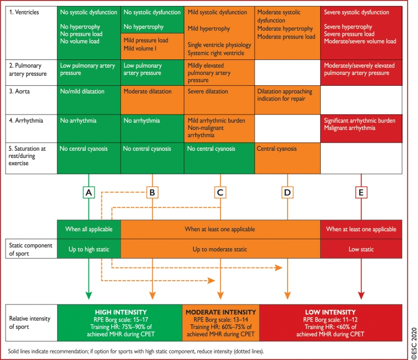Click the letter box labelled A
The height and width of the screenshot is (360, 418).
click(x=88, y=192)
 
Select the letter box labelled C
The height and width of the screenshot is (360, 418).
click(x=220, y=192)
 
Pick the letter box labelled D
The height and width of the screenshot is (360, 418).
click(x=287, y=192)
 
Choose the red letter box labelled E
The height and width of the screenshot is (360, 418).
click(x=361, y=192)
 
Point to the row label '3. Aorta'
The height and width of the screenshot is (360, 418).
click(x=21, y=91)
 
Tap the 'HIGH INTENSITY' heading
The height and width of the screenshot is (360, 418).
click(x=120, y=312)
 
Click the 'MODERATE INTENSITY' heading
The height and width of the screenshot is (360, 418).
click(x=220, y=312)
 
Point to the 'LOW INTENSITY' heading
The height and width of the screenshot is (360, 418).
click(x=329, y=312)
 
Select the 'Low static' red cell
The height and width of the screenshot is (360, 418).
click(x=361, y=249)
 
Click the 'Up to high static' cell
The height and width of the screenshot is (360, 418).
click(x=88, y=249)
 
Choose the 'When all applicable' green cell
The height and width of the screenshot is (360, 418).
click(x=88, y=229)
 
